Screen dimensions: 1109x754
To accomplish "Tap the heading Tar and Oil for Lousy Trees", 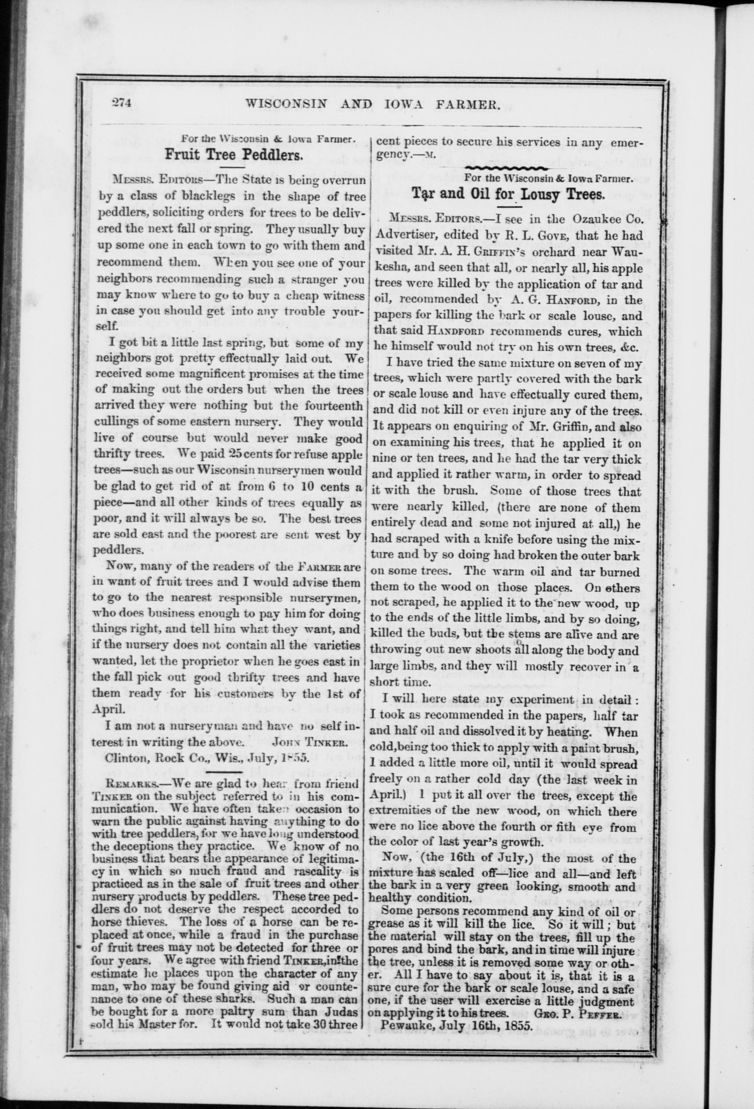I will click(x=508, y=195).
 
